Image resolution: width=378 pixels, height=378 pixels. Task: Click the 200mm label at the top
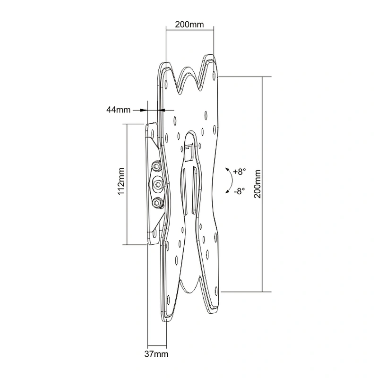(x=189, y=25)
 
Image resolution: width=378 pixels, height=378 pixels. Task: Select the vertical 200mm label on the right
(x=258, y=184)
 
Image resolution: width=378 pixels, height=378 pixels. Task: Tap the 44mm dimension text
(x=119, y=110)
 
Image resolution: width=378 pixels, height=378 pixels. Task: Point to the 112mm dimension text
(x=121, y=181)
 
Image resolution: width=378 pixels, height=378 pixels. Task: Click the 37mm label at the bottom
(x=156, y=354)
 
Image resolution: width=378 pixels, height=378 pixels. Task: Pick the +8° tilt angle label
(x=240, y=172)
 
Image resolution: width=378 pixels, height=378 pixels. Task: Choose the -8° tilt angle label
(x=240, y=191)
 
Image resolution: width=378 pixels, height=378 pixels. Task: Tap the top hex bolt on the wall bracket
(x=156, y=166)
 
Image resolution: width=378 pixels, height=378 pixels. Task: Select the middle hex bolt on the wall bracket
(x=158, y=184)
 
